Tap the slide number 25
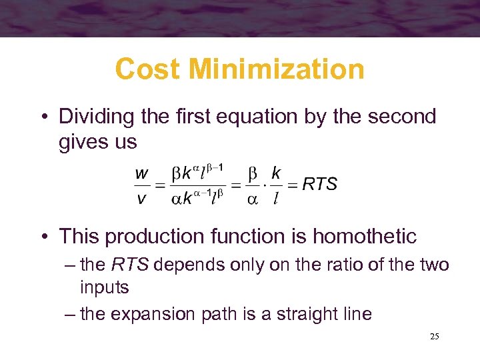[x=434, y=337]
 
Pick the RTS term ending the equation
[x=320, y=184]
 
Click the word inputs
[x=105, y=289]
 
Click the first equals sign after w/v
[x=160, y=185]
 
